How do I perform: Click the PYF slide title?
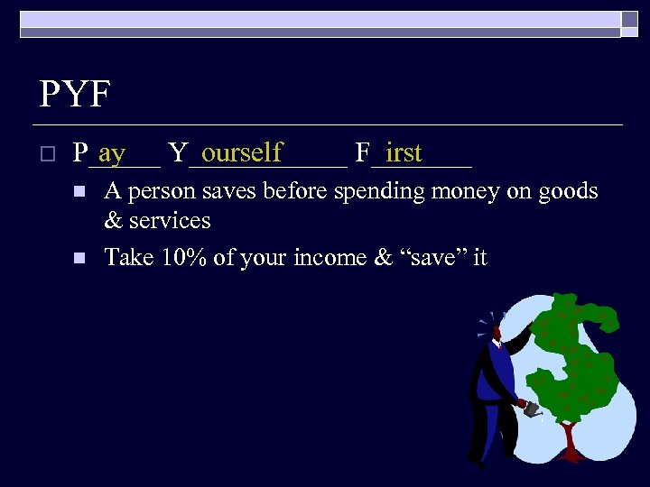click(x=76, y=94)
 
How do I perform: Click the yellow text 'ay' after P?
click(x=112, y=153)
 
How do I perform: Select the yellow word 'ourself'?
click(x=242, y=152)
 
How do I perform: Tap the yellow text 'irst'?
click(x=404, y=152)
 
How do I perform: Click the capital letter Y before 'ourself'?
click(x=178, y=152)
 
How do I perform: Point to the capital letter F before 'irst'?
click(x=363, y=152)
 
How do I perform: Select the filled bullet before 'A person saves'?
click(x=79, y=192)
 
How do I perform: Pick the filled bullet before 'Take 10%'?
click(x=79, y=258)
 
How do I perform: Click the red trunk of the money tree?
click(x=569, y=442)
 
